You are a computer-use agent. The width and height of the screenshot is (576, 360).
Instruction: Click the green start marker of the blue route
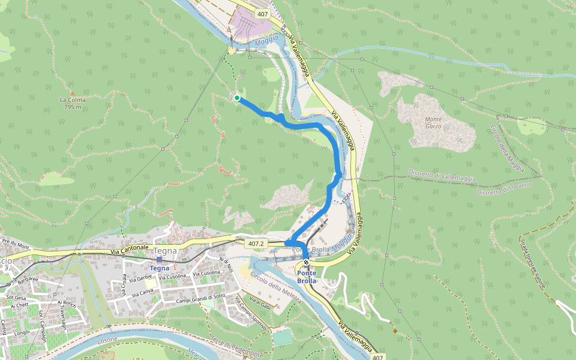(237, 98)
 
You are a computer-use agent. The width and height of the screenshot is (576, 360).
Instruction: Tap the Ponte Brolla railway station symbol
(306, 262)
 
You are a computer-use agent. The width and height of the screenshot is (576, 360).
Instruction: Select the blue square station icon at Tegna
(159, 260)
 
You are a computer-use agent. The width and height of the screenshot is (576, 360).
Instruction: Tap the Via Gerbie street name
(139, 277)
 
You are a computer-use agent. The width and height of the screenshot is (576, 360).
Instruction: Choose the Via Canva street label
(138, 292)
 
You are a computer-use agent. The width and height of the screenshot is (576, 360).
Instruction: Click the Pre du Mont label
(16, 244)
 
